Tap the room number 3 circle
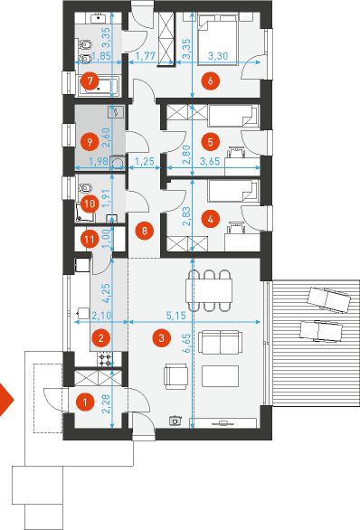[x=162, y=337]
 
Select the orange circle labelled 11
[x=90, y=240]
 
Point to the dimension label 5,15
[x=176, y=316]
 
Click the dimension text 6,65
[x=186, y=344]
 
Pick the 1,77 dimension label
[x=146, y=56]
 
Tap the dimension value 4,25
[x=107, y=293]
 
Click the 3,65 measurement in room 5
[x=210, y=161]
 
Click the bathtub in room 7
[x=98, y=86]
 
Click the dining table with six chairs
[x=209, y=290]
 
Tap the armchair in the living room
[x=175, y=376]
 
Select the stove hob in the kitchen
[x=104, y=359]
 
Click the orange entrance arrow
[x=5, y=400]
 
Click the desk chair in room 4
[x=236, y=227]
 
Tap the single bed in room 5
[x=233, y=116]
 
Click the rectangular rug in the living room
[x=220, y=376]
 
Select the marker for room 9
[x=90, y=142]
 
